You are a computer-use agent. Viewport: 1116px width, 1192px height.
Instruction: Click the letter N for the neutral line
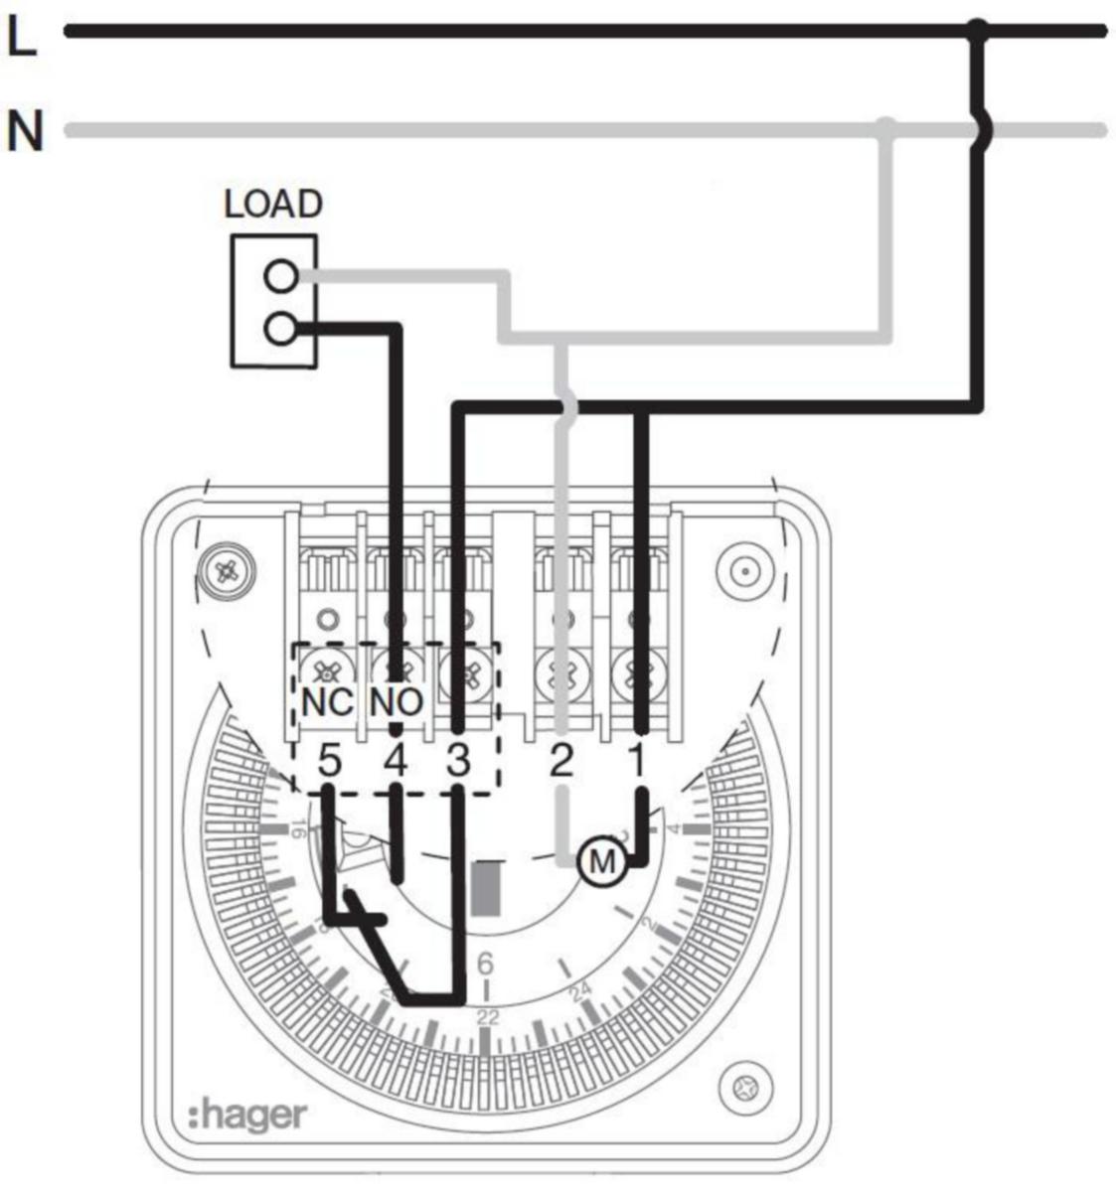[25, 131]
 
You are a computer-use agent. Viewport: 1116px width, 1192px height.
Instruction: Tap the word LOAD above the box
[273, 204]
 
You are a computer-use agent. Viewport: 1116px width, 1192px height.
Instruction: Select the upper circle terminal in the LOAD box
[282, 276]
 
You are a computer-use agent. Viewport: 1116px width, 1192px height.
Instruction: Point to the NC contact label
[327, 702]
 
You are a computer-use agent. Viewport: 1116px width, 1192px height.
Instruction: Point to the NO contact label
[397, 702]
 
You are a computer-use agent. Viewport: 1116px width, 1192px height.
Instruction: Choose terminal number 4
[396, 762]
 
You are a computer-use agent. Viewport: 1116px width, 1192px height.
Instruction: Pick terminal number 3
[456, 762]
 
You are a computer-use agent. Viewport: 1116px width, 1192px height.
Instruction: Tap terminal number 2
[561, 762]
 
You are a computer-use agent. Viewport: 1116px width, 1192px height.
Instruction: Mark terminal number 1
[637, 762]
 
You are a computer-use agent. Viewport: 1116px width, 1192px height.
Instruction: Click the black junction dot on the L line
[979, 32]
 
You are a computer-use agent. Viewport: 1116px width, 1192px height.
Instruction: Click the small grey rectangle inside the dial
[486, 888]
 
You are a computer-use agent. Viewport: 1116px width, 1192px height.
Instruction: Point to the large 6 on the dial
[486, 964]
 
